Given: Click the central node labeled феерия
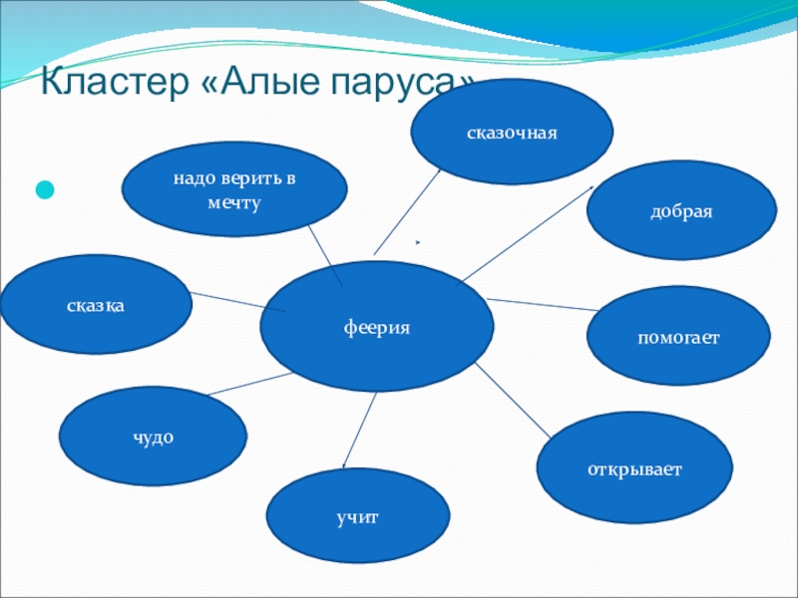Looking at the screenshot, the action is pyautogui.click(x=376, y=328).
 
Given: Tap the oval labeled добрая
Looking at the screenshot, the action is pyautogui.click(x=681, y=214).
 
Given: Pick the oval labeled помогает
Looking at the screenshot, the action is pyautogui.click(x=678, y=338).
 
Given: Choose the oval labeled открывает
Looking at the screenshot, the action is pyautogui.click(x=634, y=466).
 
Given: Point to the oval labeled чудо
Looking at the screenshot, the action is pyautogui.click(x=153, y=436).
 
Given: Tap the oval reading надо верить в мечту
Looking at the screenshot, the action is pyautogui.click(x=234, y=189).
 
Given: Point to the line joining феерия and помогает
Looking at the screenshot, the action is pyautogui.click(x=540, y=305).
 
